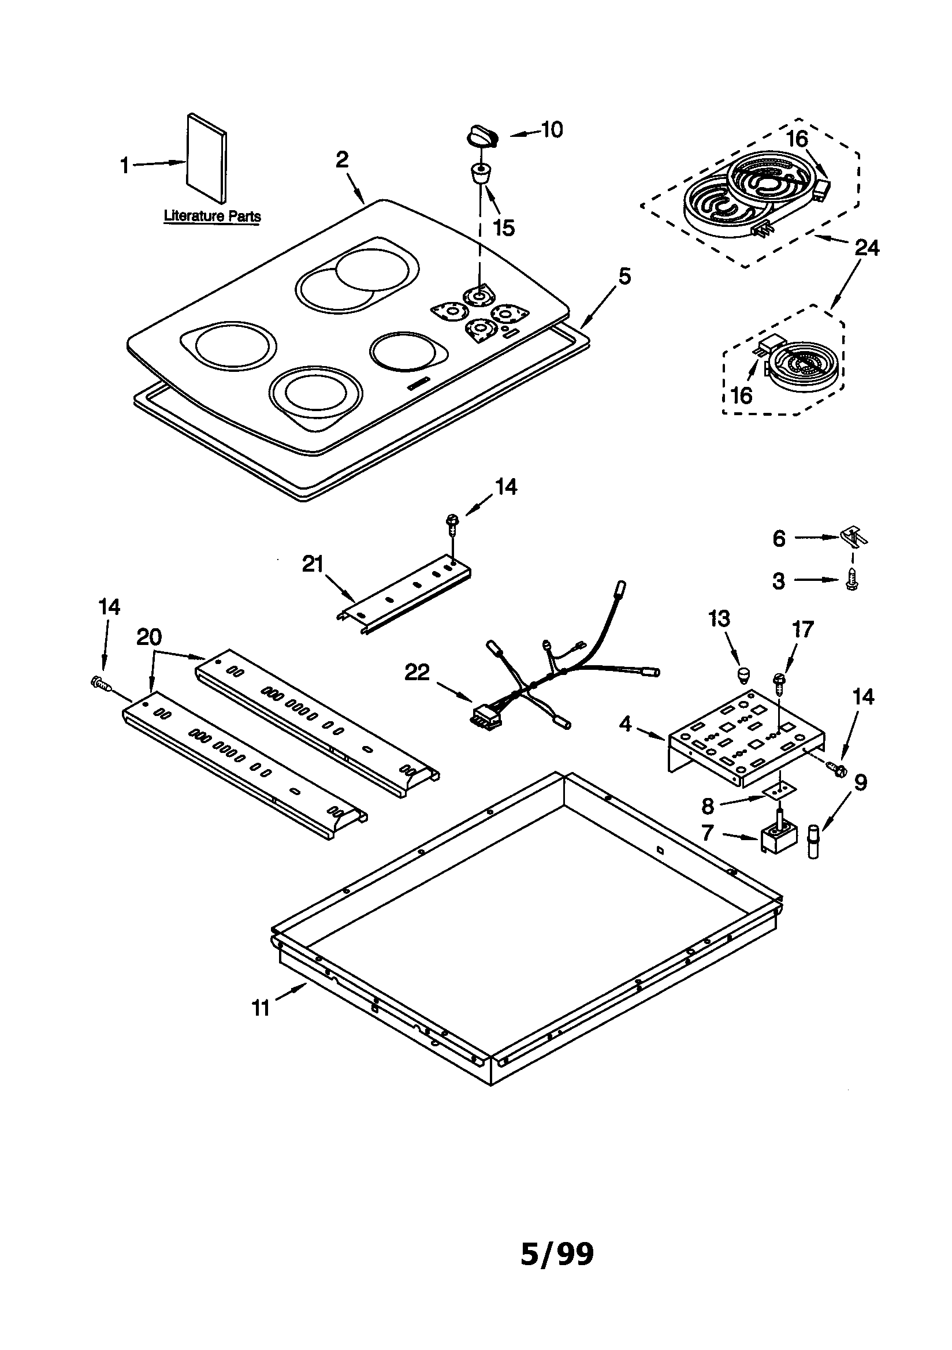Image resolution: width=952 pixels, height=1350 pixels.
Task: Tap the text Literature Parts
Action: (212, 216)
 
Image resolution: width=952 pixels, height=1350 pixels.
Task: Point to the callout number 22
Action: (416, 672)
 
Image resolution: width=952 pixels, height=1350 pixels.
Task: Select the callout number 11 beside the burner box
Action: (260, 1008)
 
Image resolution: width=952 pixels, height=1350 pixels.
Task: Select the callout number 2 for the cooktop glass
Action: (342, 159)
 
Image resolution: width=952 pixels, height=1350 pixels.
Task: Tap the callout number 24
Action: (866, 248)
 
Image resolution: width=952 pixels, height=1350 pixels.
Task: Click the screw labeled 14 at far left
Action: (102, 683)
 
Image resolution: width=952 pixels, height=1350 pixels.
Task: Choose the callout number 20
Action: (149, 636)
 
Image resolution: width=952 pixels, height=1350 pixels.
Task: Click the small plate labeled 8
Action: (776, 790)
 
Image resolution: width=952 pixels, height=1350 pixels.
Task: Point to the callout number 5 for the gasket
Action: (624, 276)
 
